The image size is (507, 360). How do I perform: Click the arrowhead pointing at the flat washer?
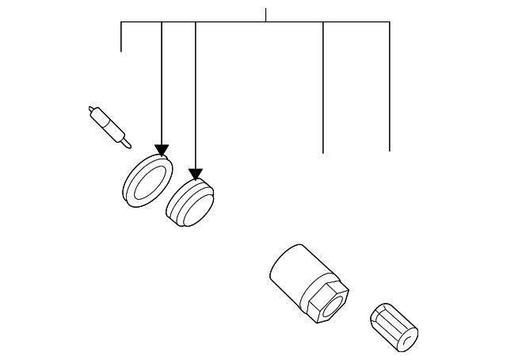coord(162,150)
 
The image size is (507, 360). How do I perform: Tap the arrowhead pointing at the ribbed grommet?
coord(196,174)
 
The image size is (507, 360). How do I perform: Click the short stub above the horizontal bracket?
coord(265,14)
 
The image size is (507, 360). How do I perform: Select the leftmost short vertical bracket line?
coord(120,36)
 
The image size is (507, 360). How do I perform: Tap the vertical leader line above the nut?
coord(323,87)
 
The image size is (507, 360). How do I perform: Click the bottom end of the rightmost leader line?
coord(390,149)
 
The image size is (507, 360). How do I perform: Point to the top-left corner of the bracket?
coord(120,21)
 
